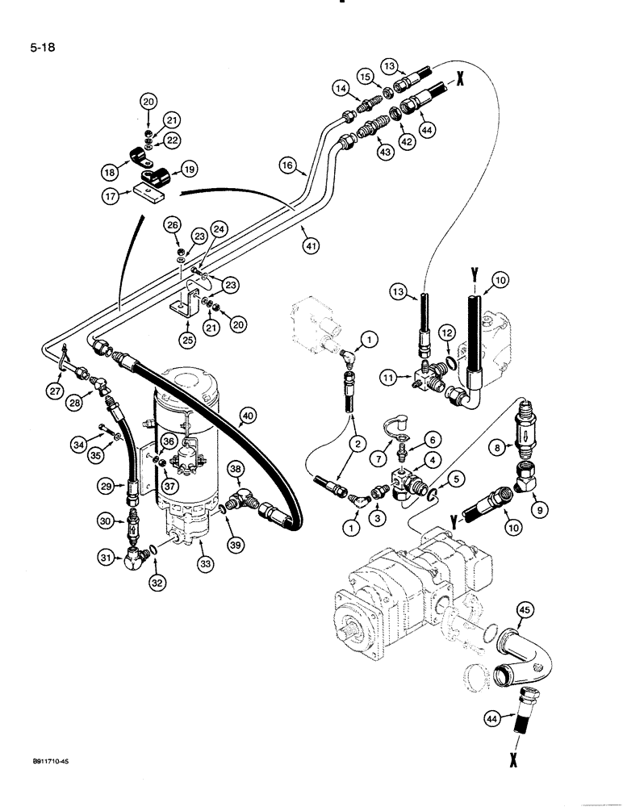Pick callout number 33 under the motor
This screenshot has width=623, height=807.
point(207,566)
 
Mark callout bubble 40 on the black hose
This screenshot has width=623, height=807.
point(247,417)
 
